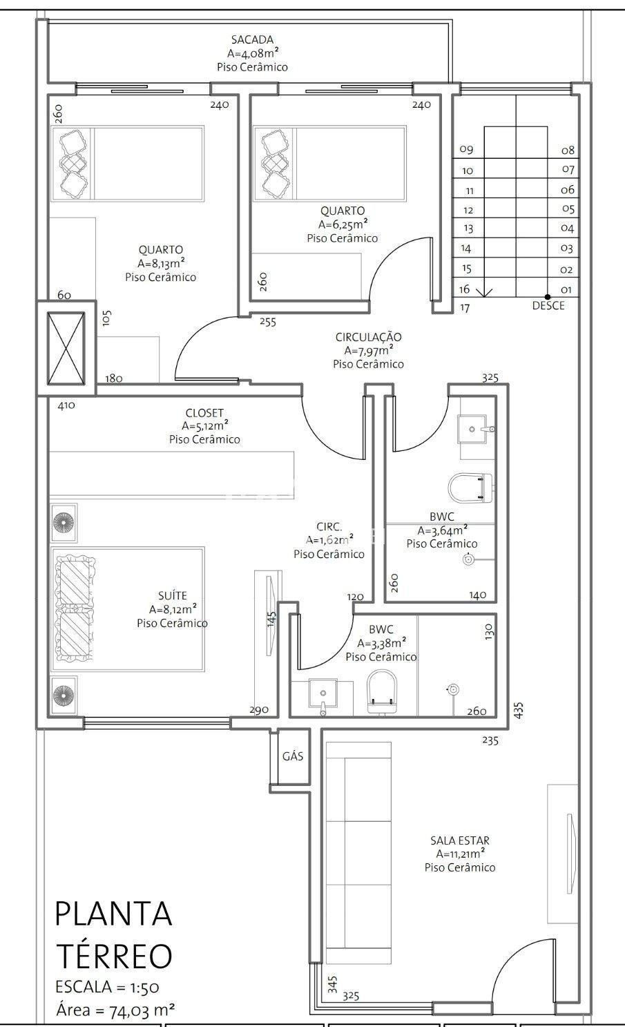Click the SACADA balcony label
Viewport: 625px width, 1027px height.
coord(252,39)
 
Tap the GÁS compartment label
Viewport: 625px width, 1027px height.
coord(293,756)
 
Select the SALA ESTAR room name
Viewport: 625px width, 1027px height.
coord(459,841)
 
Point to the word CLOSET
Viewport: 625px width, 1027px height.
coord(204,412)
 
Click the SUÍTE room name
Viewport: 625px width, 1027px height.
coord(173,596)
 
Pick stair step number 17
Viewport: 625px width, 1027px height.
coord(465,307)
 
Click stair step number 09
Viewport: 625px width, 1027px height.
coord(466,149)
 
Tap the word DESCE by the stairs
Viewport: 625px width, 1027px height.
coord(548,305)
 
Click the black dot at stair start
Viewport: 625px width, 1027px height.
coord(548,297)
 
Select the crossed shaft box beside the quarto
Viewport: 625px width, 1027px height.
coord(66,349)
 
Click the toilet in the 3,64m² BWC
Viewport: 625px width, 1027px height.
coord(470,488)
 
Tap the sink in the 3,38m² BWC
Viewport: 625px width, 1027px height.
coord(323,695)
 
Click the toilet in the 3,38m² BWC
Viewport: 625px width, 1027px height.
coord(382,691)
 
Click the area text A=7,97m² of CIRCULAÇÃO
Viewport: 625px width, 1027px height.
coord(369,351)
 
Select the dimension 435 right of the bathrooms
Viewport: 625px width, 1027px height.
coord(518,710)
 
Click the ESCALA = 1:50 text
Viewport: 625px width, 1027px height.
coord(107,987)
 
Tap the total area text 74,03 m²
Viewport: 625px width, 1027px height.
coord(142,1010)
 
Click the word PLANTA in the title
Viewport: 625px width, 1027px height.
coord(113,914)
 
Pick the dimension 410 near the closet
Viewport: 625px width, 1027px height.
coord(66,405)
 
